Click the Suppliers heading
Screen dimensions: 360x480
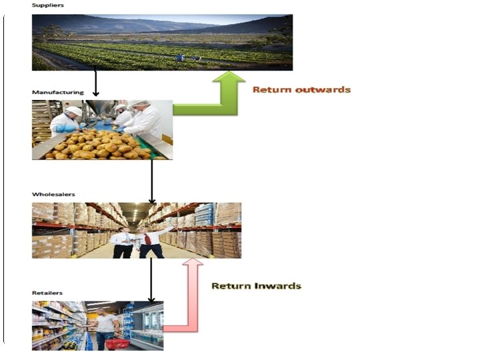[x=47, y=6]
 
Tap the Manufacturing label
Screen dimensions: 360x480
[x=57, y=92]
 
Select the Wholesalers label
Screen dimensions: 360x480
[x=53, y=195]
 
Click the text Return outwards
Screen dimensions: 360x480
[x=301, y=89]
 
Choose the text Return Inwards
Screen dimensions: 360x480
[x=257, y=286]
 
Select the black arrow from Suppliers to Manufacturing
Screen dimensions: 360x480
[x=96, y=83]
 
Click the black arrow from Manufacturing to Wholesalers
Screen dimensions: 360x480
[x=152, y=180]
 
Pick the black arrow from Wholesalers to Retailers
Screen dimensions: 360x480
[x=151, y=280]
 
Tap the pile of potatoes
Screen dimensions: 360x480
[x=100, y=144]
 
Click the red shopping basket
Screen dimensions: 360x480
[x=117, y=343]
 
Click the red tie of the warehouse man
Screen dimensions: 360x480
[x=147, y=239]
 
